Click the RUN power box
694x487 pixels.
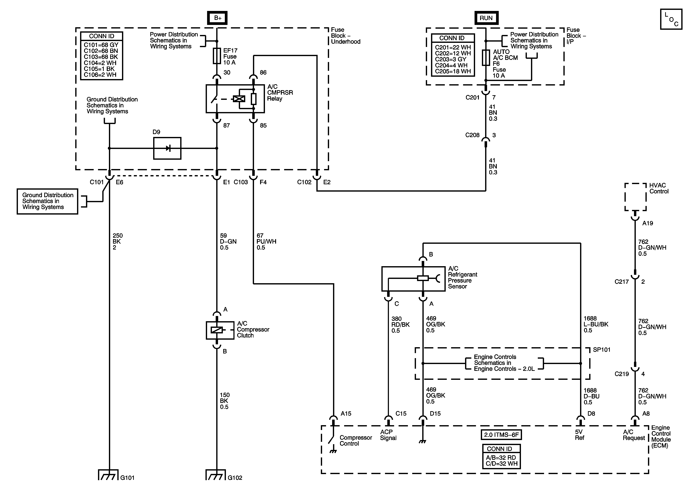click(486, 18)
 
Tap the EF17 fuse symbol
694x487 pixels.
click(217, 56)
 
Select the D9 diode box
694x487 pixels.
click(167, 148)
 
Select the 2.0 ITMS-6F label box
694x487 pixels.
click(501, 435)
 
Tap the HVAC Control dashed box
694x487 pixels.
click(635, 197)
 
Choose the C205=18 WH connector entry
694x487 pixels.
click(453, 71)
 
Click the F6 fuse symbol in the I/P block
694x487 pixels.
click(486, 58)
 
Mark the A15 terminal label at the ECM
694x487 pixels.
click(346, 414)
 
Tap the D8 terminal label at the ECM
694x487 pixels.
click(591, 414)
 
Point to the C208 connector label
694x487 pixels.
click(472, 135)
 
